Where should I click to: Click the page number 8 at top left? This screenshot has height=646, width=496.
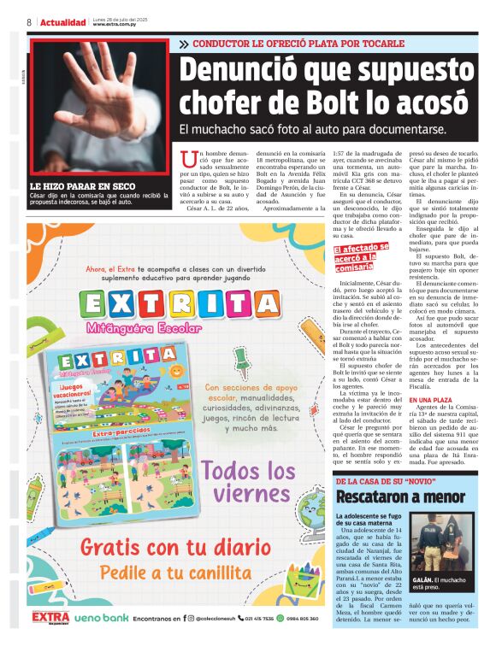coord(29,22)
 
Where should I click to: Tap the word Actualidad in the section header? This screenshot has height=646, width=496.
coord(63,22)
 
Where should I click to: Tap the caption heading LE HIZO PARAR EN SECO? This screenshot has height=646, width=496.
coord(83,185)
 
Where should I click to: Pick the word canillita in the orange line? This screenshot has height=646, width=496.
coord(229,573)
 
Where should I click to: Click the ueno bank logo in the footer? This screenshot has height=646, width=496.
coord(101,618)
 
